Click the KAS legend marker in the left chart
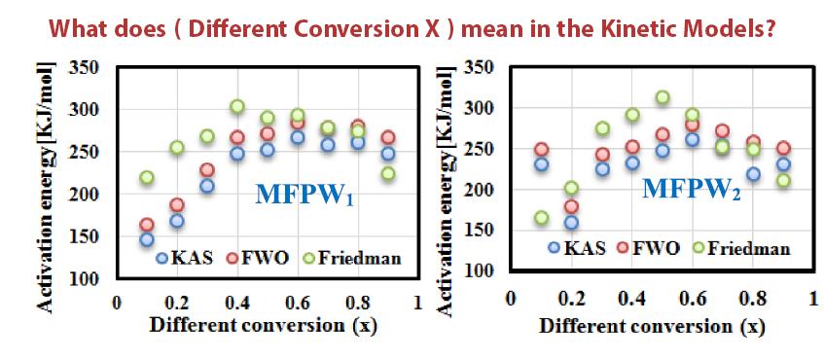pos(162,259)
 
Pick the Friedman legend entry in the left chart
pos(358,259)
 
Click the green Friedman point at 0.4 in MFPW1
pos(236,107)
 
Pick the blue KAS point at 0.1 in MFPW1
pos(147,239)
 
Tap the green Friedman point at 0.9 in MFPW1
pos(388,173)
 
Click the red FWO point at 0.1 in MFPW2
pos(541,150)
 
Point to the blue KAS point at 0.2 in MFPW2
pos(571,223)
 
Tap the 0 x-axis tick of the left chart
pos(116,304)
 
